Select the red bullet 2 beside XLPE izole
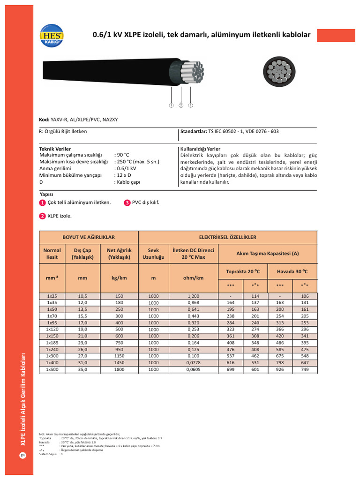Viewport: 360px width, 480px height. point(42,216)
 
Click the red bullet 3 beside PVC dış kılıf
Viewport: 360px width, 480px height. point(127,203)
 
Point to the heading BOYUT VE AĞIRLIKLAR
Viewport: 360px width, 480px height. point(89,237)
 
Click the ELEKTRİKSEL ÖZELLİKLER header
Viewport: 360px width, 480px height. point(228,237)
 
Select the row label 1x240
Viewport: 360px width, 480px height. point(52,349)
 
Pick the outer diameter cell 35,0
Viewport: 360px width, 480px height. point(83,369)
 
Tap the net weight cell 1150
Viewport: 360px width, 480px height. point(119,356)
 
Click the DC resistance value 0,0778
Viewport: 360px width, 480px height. point(193,363)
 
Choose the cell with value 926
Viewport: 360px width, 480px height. point(280,369)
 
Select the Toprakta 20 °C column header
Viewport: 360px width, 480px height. point(243,271)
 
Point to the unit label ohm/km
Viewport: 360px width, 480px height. point(193,278)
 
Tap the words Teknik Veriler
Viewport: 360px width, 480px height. point(55,149)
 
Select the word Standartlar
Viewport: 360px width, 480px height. point(194,132)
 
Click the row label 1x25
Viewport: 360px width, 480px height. point(52,296)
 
